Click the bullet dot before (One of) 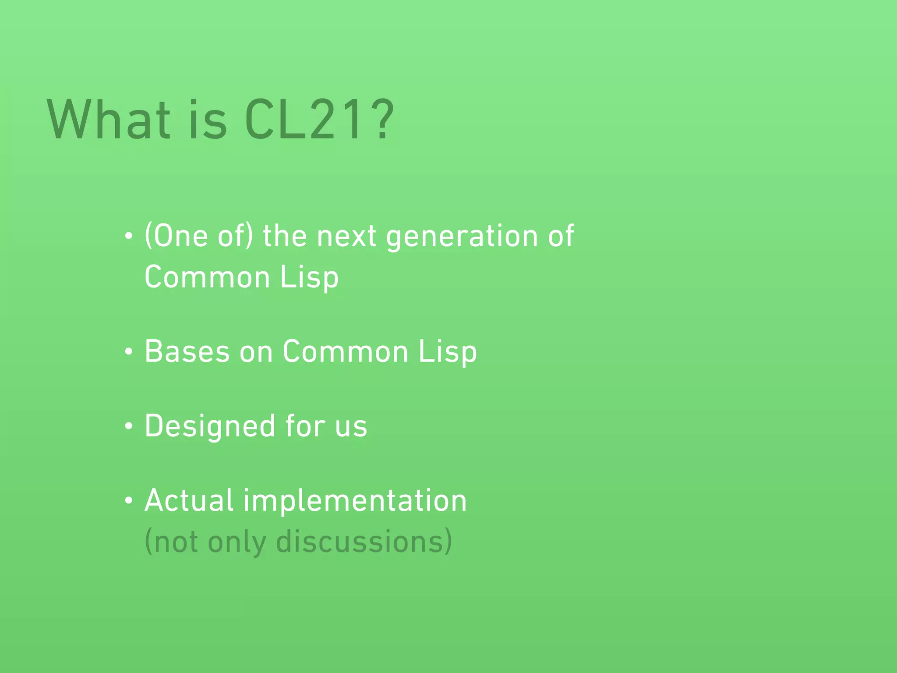[x=128, y=237]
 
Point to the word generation [x=462, y=237]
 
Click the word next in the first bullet [x=346, y=237]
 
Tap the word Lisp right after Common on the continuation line [x=309, y=278]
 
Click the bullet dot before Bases [x=128, y=352]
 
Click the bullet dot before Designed [x=128, y=426]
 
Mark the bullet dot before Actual [x=128, y=501]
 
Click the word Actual [x=189, y=501]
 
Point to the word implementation [x=355, y=501]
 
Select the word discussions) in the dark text [x=364, y=542]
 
